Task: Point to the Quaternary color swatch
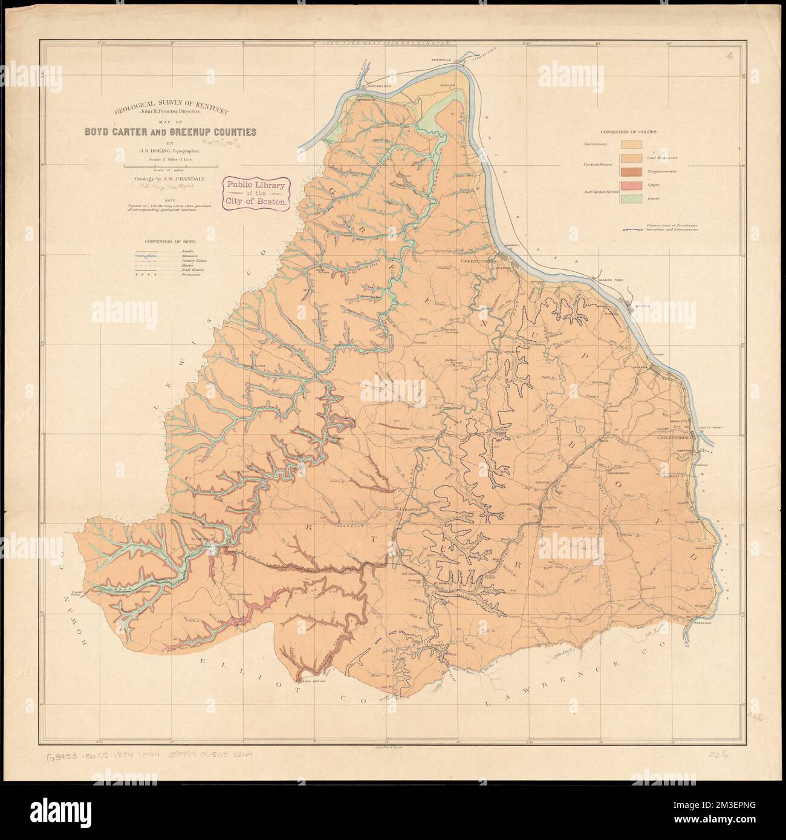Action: pos(634,144)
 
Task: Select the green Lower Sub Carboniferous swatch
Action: pos(634,198)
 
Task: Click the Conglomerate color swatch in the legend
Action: pos(634,171)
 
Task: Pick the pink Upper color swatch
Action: pos(634,185)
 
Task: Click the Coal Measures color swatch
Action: pos(634,158)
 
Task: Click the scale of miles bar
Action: pos(170,165)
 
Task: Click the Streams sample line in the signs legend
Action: pos(155,256)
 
